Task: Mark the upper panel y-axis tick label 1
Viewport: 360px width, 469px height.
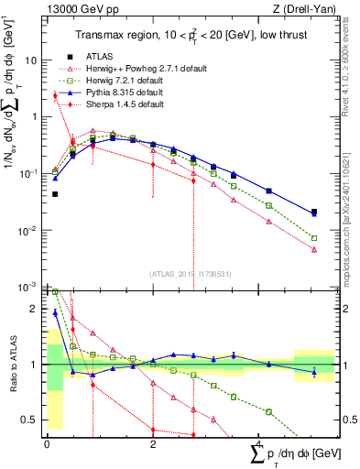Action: (x=34, y=117)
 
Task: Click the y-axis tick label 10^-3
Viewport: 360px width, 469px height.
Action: (x=28, y=288)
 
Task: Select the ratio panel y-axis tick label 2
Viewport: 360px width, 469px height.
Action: (x=35, y=310)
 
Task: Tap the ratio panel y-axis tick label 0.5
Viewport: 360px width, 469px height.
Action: (x=30, y=420)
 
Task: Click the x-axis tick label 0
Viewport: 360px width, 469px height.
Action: (x=47, y=443)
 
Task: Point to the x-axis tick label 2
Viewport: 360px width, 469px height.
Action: (x=153, y=443)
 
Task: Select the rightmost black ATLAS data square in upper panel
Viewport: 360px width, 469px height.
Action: (x=314, y=212)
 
